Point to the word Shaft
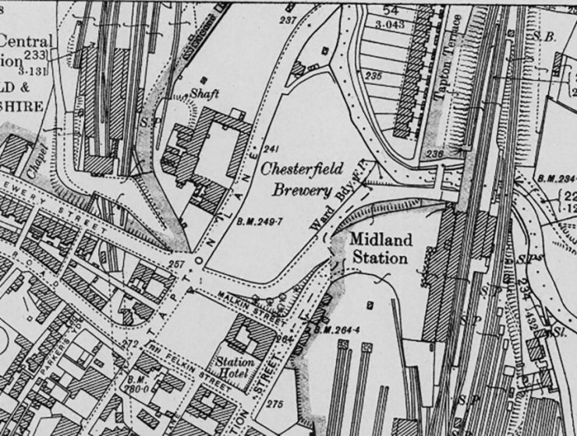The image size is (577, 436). click(x=205, y=93)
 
